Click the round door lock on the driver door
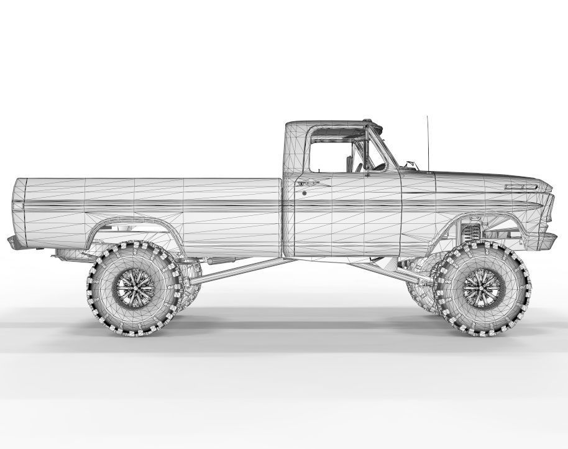304,193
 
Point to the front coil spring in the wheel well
470,236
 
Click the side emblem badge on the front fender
521,186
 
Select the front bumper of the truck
549,237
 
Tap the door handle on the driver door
308,182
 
